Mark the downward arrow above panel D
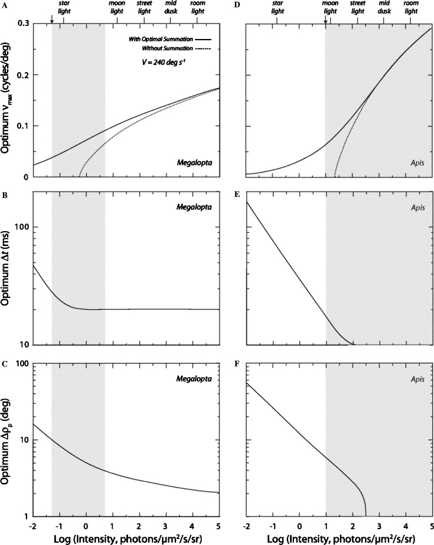pos(325,21)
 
